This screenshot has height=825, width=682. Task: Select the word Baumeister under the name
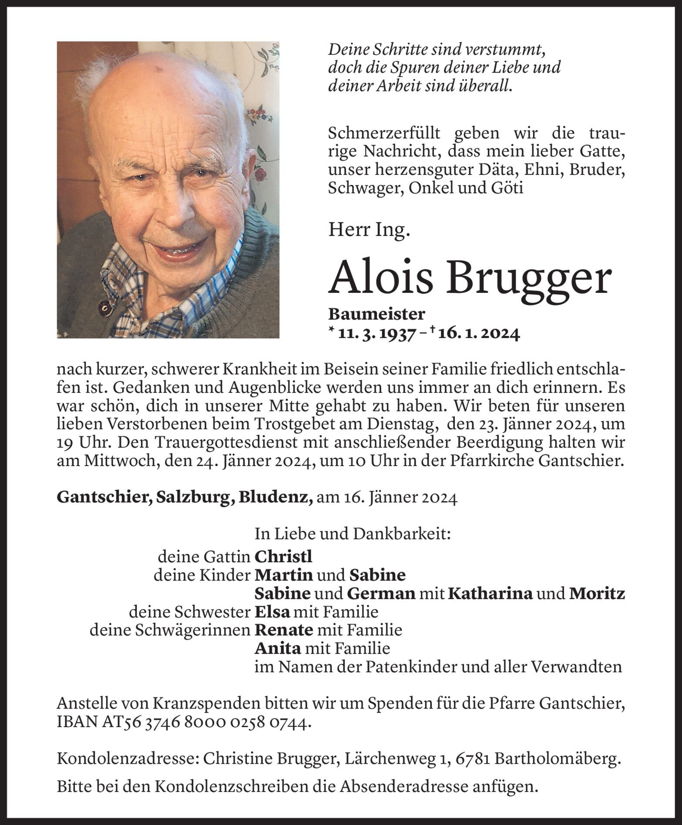[x=376, y=314]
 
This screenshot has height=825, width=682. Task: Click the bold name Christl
[x=283, y=557]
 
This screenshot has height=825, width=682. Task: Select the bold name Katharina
[x=490, y=594]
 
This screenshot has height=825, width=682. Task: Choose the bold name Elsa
[x=272, y=612]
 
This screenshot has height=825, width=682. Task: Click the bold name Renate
[x=284, y=630]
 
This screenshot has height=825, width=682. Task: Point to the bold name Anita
[x=278, y=649]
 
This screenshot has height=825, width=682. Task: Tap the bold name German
[x=381, y=594]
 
